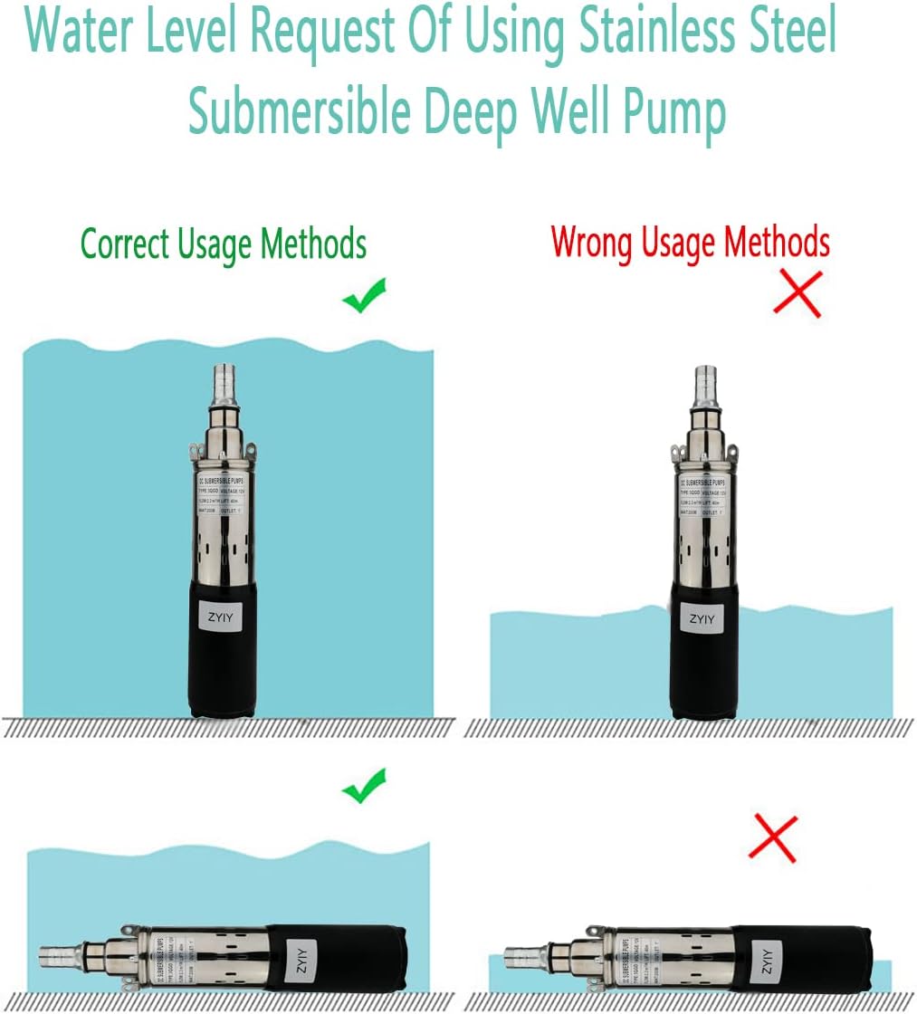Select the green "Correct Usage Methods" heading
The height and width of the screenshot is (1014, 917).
(224, 244)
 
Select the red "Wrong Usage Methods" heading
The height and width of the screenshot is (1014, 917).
(690, 243)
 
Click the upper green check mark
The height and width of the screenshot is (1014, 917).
(364, 296)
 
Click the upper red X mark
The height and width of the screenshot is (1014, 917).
(798, 293)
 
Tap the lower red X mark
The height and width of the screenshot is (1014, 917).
(773, 838)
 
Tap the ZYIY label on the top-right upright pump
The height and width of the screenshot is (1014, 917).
(702, 619)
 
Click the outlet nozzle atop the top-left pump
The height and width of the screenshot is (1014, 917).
(223, 384)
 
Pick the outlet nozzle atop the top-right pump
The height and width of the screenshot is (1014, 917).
(705, 386)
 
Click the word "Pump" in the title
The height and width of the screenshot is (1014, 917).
(673, 112)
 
